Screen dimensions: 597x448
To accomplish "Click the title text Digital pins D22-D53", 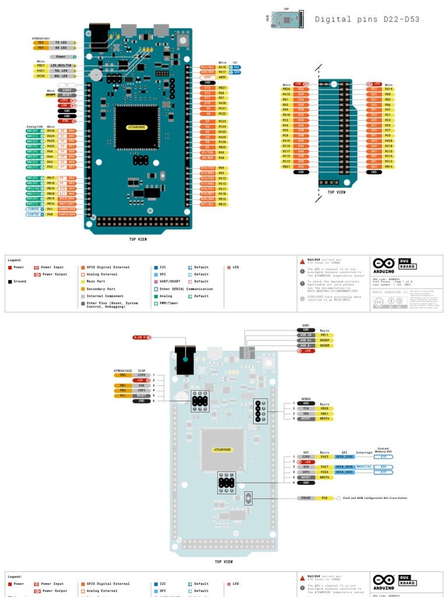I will click(367, 19).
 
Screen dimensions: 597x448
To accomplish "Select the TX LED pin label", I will click(61, 43).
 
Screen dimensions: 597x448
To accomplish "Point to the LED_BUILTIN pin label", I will click(61, 66).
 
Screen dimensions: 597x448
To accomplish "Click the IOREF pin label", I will click(67, 90).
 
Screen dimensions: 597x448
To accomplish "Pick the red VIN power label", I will click(67, 121).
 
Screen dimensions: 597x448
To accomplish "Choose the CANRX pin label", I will click(33, 209).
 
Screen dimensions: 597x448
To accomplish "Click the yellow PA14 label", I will click(388, 89).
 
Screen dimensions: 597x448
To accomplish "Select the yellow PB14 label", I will click(388, 167).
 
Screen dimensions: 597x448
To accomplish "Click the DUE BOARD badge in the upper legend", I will click(408, 264).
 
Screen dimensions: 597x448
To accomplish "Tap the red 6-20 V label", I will click(141, 337).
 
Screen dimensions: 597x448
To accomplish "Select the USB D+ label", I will click(307, 340).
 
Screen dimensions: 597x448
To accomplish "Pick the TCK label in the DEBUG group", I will click(306, 409).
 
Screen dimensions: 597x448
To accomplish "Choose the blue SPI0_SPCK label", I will click(344, 467).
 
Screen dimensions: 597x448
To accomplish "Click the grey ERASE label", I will click(306, 498).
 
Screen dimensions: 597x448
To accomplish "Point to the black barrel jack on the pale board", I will click(185, 361).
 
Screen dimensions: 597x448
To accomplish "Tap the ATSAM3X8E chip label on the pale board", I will click(223, 450).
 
